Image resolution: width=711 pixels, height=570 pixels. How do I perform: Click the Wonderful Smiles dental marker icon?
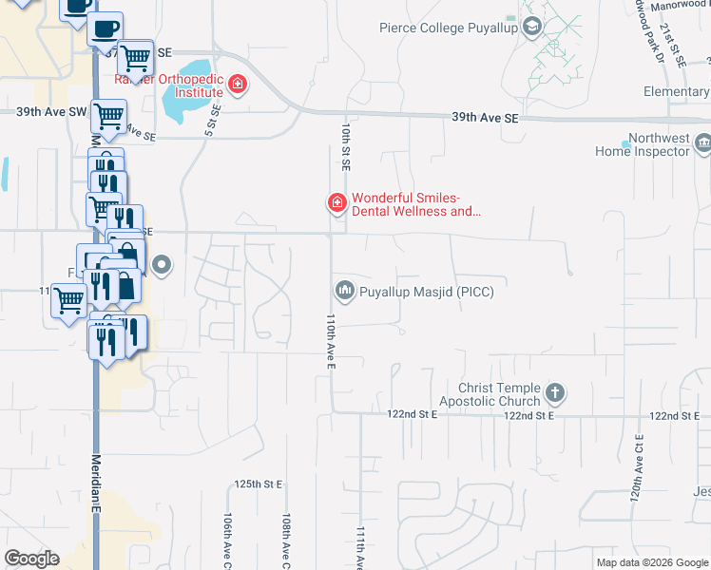coord(336,202)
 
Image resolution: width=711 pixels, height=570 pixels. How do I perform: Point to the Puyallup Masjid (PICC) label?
coord(426,293)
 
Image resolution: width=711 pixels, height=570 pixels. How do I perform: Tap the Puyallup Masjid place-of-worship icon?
coord(343,290)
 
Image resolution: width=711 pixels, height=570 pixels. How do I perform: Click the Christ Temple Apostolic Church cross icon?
coord(555,391)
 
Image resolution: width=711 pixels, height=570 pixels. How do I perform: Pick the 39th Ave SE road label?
coord(486,118)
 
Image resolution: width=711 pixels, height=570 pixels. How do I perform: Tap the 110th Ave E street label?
coord(332,341)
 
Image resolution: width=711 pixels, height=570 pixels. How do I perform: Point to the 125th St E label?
coord(259,484)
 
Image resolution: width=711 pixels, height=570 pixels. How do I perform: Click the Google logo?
coord(31,559)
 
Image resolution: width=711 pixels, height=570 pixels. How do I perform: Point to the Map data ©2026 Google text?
coord(652,562)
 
